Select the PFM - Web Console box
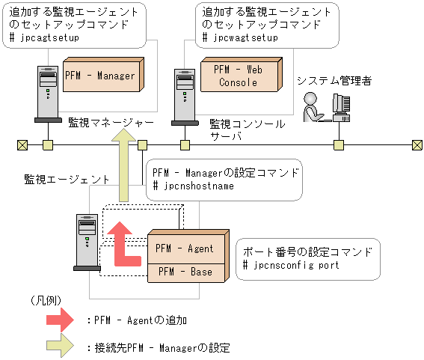(x=239, y=76)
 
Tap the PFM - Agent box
(x=184, y=248)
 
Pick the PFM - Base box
(x=184, y=272)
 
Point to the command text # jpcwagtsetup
(x=240, y=37)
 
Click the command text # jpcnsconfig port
(x=292, y=265)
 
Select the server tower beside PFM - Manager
(x=46, y=94)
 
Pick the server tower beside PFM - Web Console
(x=184, y=94)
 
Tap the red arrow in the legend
(x=59, y=320)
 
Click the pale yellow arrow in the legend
(x=59, y=347)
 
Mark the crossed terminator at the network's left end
(x=22, y=144)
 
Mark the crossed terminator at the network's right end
(x=417, y=144)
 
